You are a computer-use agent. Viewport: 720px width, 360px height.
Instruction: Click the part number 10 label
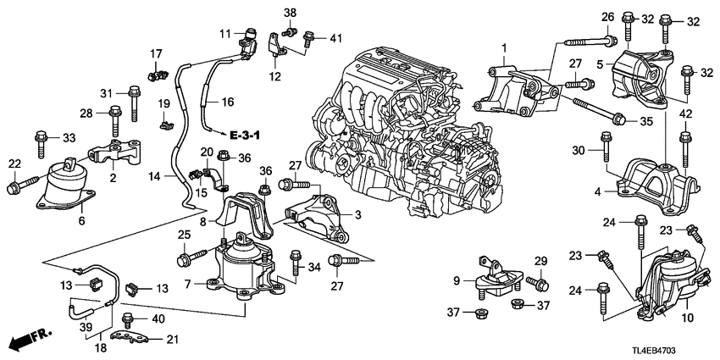tap(686, 318)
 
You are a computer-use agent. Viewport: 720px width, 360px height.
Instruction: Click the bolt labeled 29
tap(537, 280)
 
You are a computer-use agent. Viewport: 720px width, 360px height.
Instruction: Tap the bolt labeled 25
tap(191, 252)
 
